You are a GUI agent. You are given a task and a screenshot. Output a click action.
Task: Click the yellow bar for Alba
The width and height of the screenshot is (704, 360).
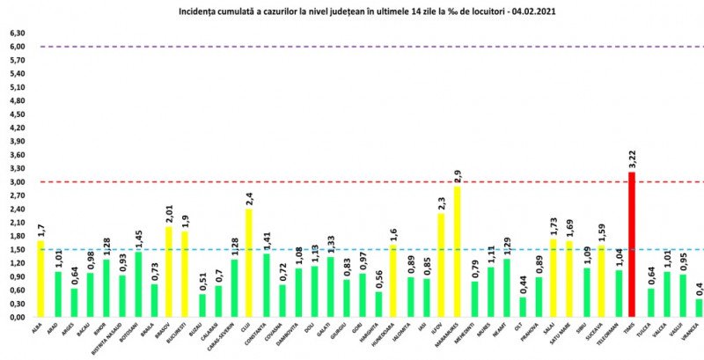pyautogui.click(x=40, y=278)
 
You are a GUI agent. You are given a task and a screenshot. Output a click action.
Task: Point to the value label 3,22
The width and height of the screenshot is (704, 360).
pyautogui.click(x=631, y=160)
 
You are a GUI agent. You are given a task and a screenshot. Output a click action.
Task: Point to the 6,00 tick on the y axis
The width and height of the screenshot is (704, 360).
pyautogui.click(x=17, y=47)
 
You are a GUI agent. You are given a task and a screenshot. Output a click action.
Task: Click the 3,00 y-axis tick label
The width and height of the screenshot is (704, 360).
pyautogui.click(x=17, y=182)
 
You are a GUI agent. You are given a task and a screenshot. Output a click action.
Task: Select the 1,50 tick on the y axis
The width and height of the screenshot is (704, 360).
pyautogui.click(x=17, y=250)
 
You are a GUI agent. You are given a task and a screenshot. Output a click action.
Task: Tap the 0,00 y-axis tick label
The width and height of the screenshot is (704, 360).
pyautogui.click(x=17, y=318)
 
